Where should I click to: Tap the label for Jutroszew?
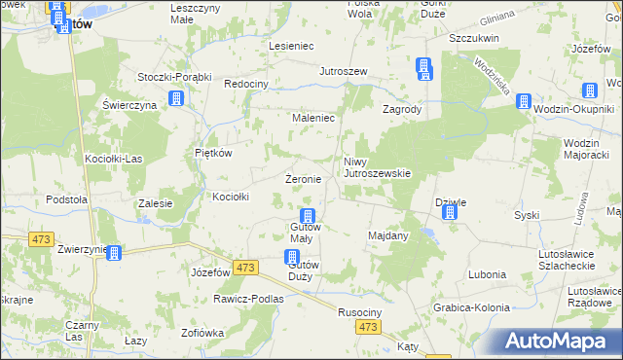[344, 72]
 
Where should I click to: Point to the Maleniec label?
[314, 118]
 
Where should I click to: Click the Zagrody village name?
[401, 110]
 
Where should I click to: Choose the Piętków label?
[213, 153]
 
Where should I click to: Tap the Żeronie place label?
[303, 180]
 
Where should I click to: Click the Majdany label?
[388, 235]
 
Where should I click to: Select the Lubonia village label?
[487, 274]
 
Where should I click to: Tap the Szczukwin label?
[474, 38]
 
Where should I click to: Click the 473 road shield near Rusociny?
[367, 328]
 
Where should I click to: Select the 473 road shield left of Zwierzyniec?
[42, 238]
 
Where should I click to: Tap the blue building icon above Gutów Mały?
[308, 216]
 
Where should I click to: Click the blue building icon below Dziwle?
[449, 211]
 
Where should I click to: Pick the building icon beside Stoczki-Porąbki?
[176, 98]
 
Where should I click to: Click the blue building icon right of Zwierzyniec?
[115, 254]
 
